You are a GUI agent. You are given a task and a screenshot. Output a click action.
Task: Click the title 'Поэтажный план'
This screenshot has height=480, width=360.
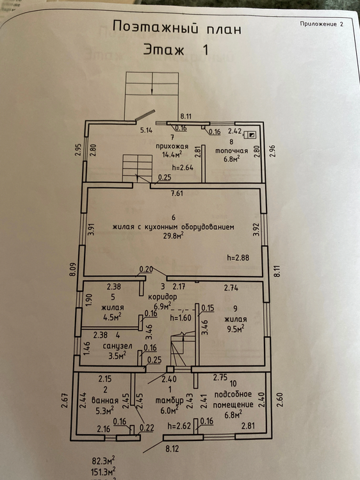177,28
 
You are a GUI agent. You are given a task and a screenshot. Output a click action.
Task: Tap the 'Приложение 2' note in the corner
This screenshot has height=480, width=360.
322,24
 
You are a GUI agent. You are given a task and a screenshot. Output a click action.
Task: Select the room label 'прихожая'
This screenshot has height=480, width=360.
172,146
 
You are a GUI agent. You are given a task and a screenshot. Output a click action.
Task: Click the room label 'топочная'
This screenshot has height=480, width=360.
232,150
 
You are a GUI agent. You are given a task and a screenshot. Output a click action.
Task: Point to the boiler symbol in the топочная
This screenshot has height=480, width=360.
249,134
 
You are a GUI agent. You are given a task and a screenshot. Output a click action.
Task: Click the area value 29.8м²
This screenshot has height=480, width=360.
174,236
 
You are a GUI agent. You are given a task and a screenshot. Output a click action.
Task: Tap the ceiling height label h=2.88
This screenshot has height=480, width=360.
238,257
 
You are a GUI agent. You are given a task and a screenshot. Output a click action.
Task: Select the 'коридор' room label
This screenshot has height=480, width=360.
162,296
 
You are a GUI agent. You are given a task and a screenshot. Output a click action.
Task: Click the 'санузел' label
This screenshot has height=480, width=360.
117,346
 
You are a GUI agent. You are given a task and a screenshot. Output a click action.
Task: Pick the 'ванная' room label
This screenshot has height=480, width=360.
105,401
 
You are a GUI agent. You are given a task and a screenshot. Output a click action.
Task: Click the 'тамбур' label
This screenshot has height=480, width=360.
169,401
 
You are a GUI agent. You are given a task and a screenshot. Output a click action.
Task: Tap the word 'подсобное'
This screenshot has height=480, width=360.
233,394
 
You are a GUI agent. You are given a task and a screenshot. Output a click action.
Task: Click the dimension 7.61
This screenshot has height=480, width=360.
177,193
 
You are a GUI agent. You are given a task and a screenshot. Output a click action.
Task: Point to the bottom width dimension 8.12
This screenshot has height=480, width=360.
172,449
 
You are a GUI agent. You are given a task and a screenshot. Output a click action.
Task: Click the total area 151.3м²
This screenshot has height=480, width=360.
103,470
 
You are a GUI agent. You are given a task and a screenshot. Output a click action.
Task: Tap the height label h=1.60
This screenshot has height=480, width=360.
181,317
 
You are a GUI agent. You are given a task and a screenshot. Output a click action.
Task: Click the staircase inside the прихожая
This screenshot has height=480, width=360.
138,168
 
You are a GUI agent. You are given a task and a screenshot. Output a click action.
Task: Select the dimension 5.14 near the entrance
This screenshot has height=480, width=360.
147,130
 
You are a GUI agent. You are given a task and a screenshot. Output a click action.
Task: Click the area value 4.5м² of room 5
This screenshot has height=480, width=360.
113,317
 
